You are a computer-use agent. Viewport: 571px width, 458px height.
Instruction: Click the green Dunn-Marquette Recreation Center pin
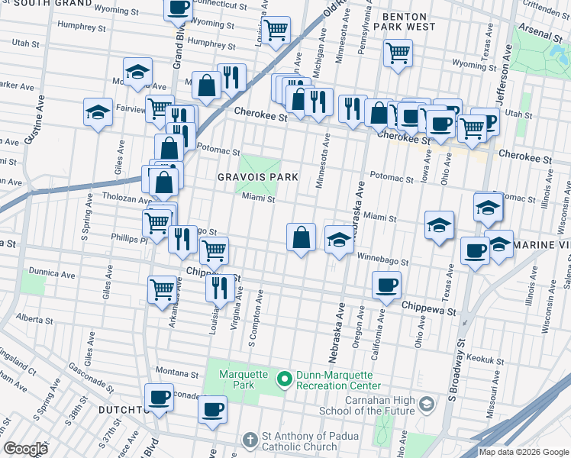[285, 379]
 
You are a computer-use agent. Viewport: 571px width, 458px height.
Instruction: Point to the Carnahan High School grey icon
[428, 403]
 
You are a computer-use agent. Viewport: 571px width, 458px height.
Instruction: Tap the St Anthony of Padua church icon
[250, 440]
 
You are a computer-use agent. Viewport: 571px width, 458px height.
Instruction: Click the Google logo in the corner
[25, 449]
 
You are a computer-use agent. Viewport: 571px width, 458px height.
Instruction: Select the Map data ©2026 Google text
[524, 452]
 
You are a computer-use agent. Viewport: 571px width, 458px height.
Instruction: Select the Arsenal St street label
[543, 34]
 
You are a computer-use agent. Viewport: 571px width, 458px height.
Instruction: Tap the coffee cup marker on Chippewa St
[386, 285]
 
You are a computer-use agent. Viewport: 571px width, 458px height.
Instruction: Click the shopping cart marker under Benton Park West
[398, 53]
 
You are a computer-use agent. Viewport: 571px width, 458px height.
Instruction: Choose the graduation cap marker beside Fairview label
[98, 112]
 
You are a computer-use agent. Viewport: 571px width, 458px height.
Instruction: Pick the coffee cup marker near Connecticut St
[179, 8]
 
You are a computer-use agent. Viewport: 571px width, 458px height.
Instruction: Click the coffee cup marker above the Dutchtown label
[159, 397]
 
